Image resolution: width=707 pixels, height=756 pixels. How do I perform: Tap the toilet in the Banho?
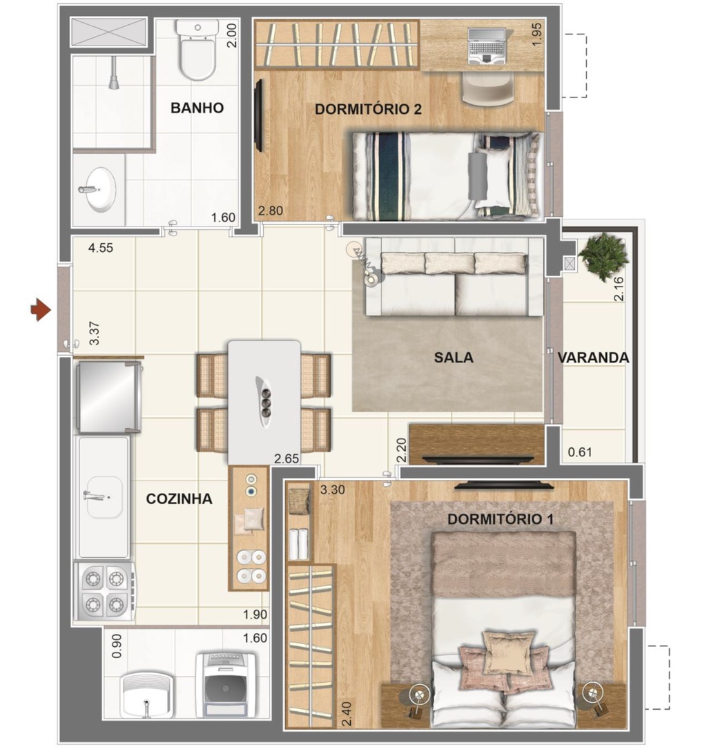click(x=197, y=52)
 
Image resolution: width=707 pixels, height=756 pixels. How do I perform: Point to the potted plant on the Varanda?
click(x=603, y=255)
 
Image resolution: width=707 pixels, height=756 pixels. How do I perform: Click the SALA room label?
click(x=454, y=358)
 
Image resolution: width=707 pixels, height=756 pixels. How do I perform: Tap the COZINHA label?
click(x=179, y=499)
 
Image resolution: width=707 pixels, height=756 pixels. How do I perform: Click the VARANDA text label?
click(x=593, y=358)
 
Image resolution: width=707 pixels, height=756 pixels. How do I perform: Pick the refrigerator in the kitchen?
click(x=109, y=396)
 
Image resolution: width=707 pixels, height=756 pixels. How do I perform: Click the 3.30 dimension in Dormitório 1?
click(x=333, y=491)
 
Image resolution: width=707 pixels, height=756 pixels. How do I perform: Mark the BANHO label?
click(x=197, y=108)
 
